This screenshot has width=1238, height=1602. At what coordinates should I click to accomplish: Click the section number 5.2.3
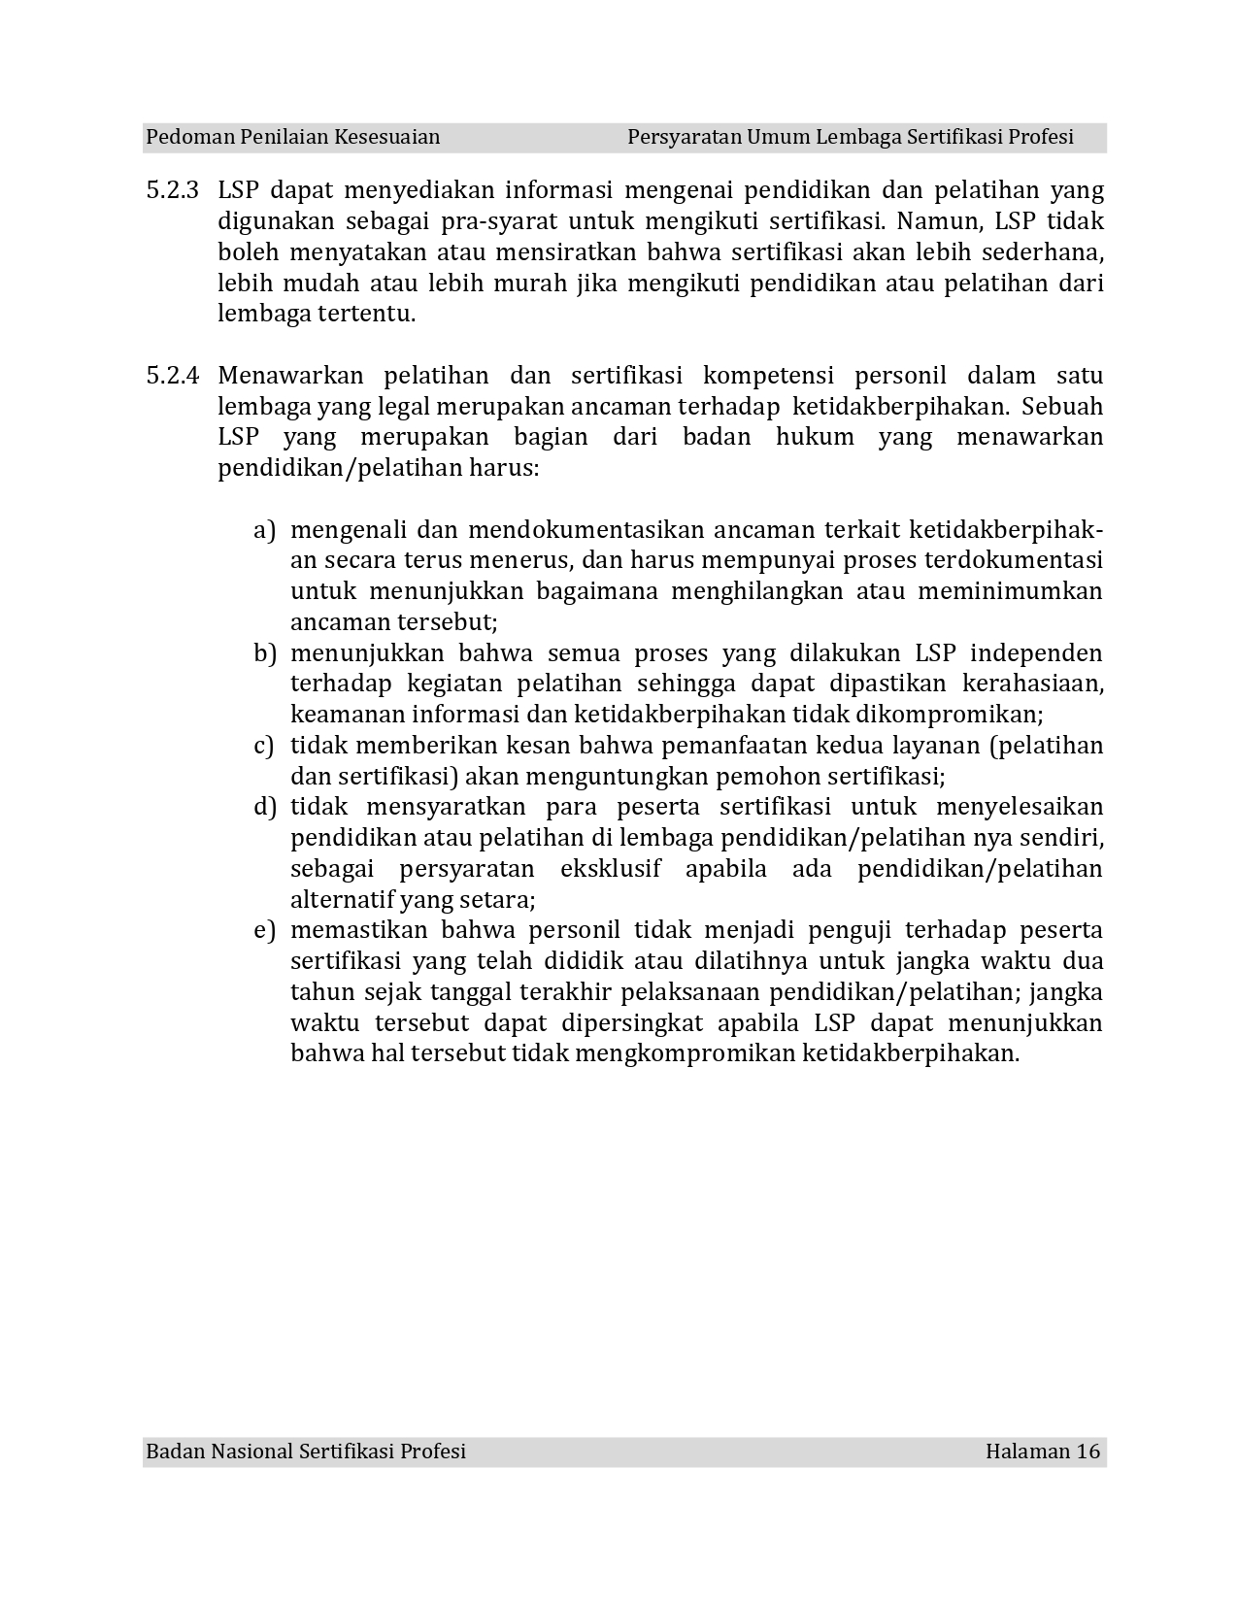point(172,190)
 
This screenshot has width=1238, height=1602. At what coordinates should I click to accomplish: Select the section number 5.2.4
point(172,376)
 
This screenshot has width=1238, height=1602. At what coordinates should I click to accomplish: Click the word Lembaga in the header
point(858,137)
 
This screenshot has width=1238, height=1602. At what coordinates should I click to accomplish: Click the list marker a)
point(264,530)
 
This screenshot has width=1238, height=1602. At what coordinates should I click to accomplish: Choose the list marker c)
point(263,746)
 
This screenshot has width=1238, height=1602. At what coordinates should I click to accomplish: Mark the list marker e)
point(264,930)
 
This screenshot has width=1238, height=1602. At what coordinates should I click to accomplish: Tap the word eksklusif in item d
point(611,868)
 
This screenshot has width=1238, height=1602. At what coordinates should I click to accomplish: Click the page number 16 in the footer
point(1087,1452)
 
